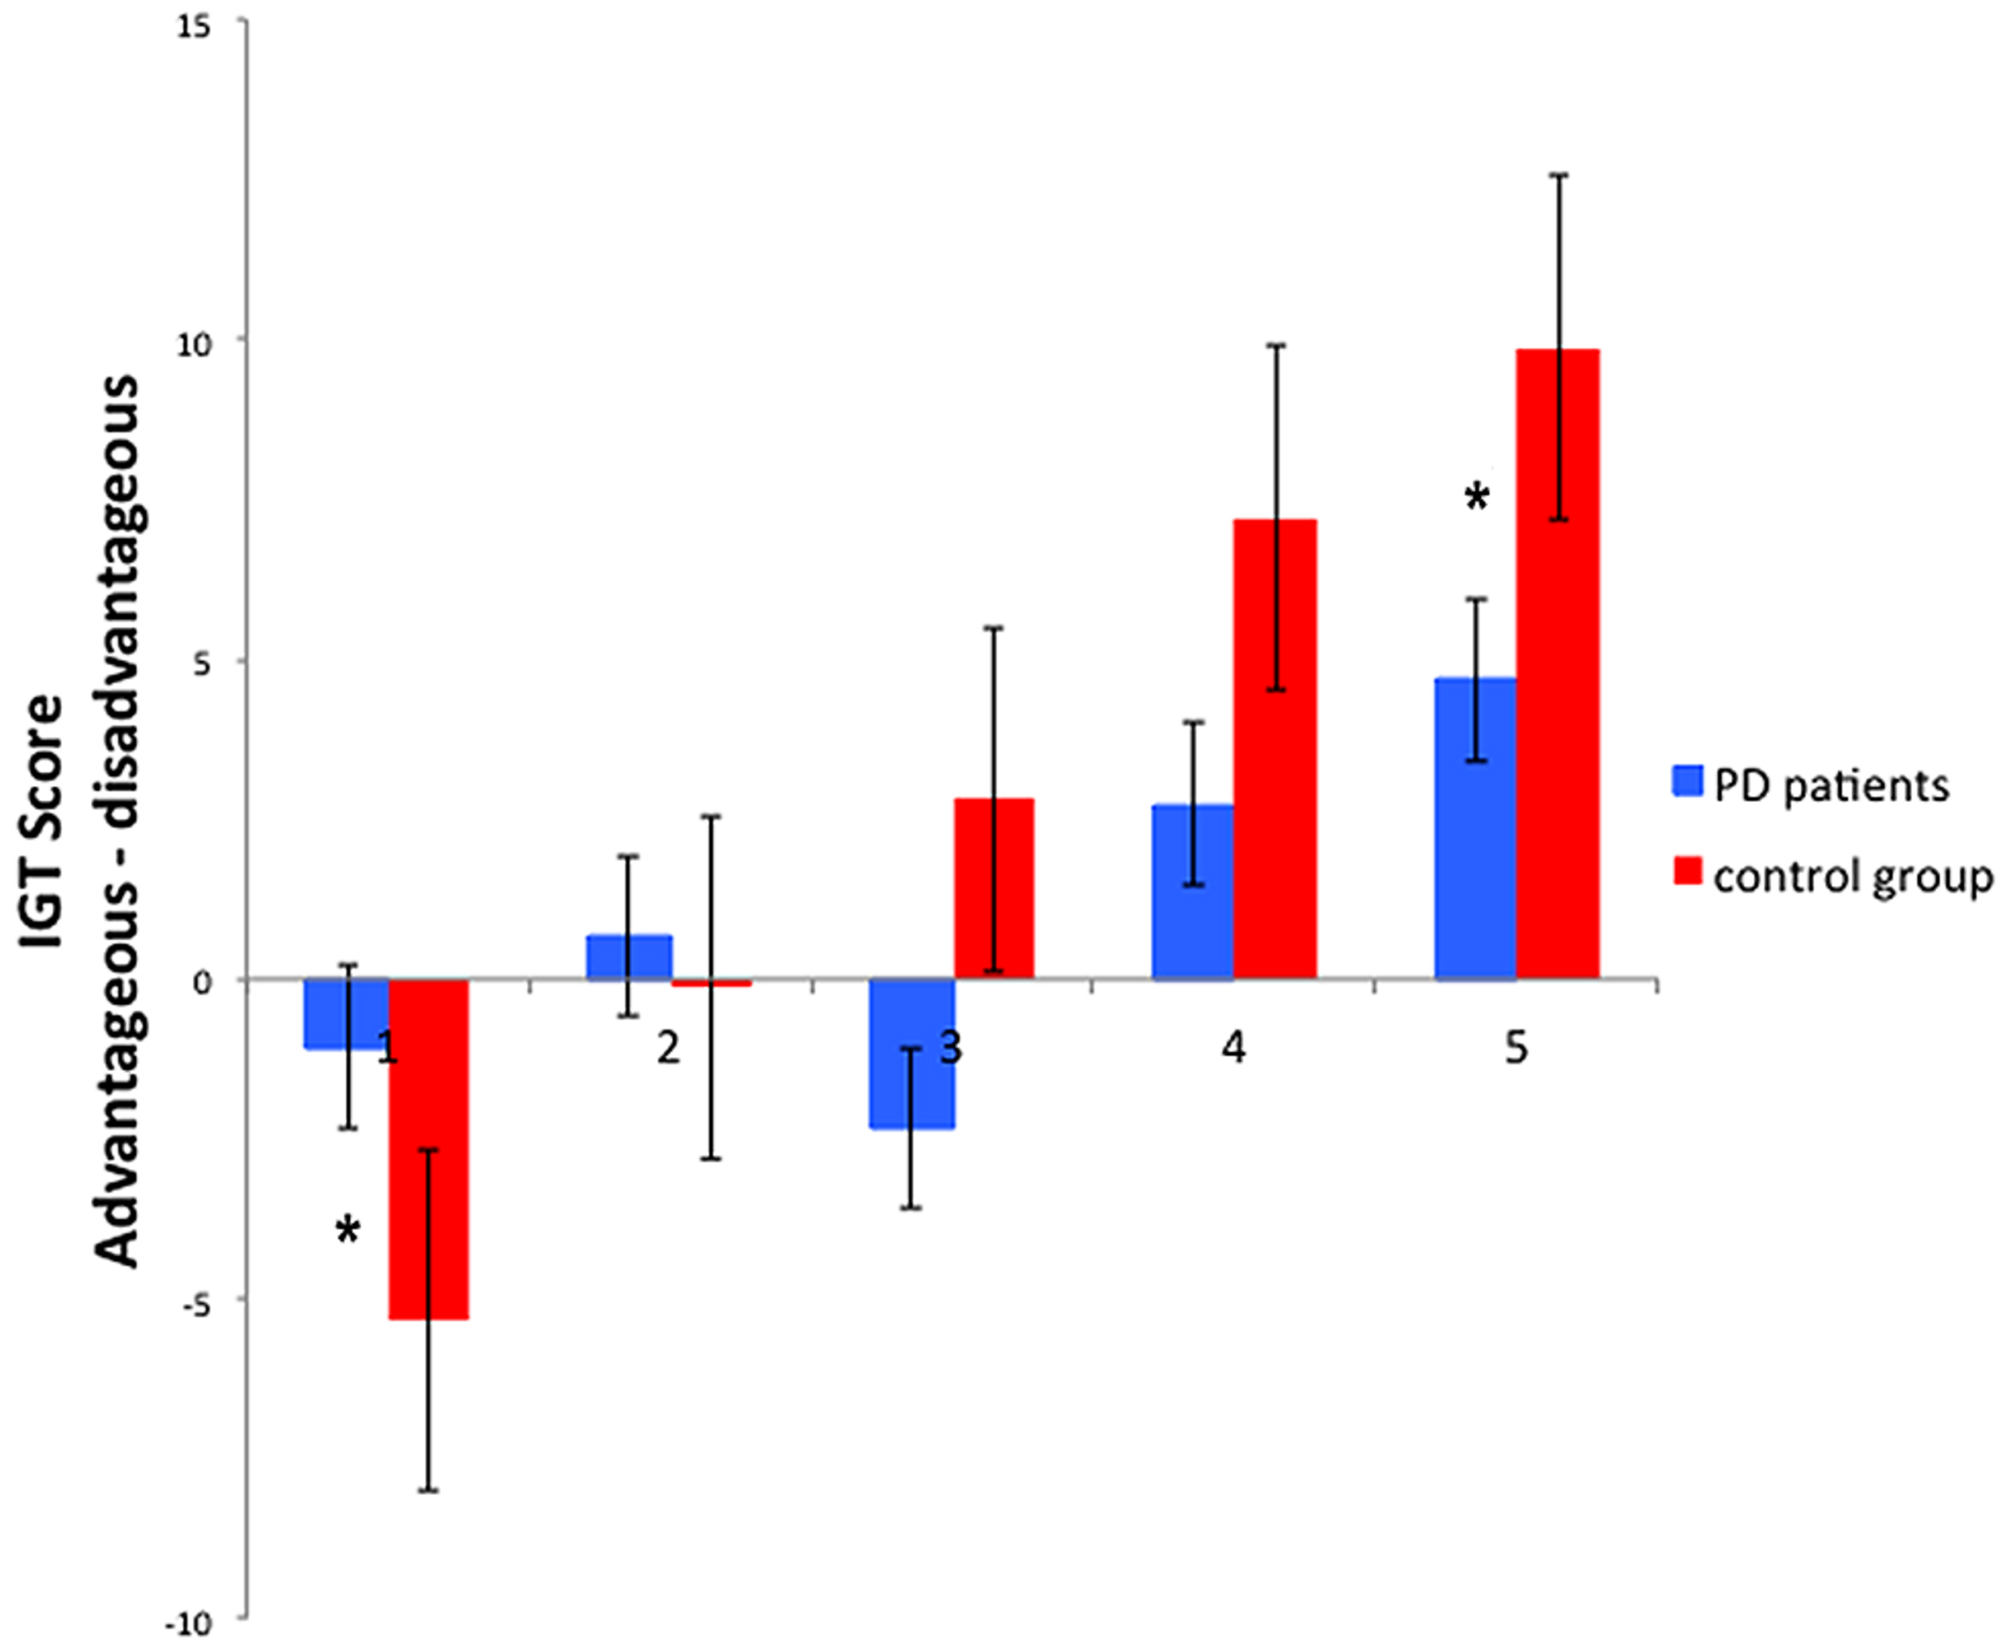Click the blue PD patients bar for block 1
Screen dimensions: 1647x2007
coord(328,1014)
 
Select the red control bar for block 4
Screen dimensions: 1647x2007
coord(1275,749)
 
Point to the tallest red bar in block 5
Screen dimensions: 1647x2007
coord(1557,664)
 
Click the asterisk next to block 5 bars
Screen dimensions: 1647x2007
coord(1477,497)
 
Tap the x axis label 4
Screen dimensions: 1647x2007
coord(1233,1048)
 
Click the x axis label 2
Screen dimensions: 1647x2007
coord(669,1048)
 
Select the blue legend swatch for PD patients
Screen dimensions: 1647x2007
coord(1687,782)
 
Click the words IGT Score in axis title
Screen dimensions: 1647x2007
coord(43,820)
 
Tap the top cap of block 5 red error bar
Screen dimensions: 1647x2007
coord(1559,175)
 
